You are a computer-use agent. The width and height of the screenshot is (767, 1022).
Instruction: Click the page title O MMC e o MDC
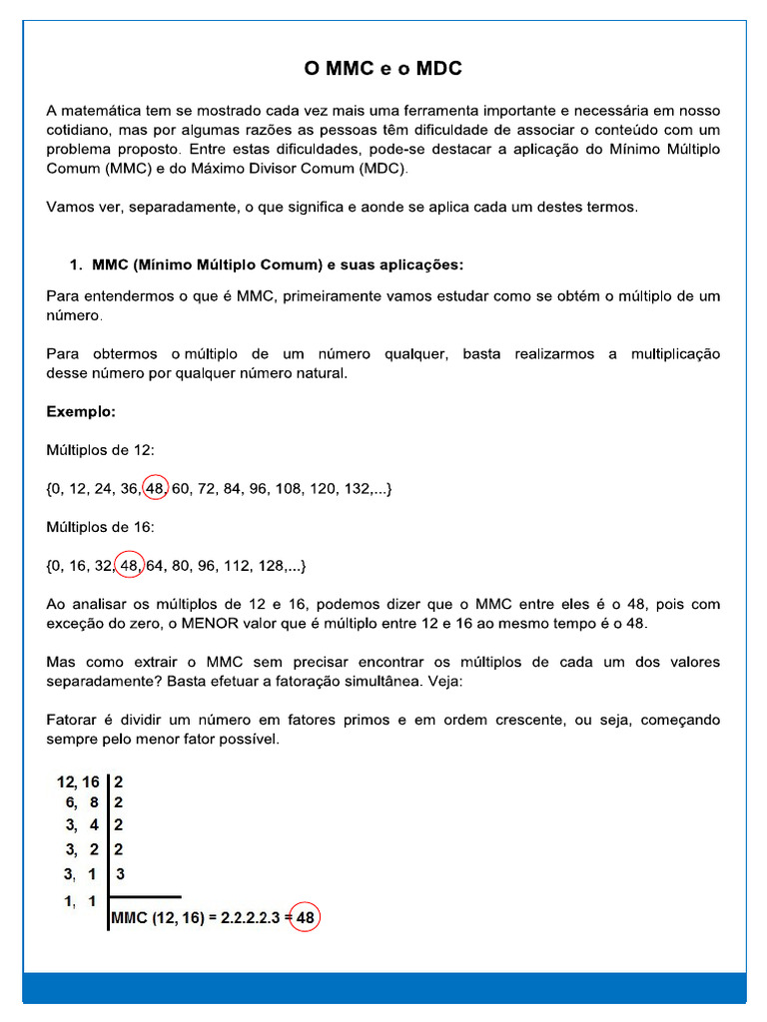[383, 69]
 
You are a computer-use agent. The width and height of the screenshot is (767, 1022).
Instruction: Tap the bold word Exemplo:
[81, 411]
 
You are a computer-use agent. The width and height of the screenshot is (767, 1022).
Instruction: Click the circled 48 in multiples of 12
[155, 489]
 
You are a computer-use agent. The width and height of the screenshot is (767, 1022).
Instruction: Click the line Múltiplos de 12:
[101, 450]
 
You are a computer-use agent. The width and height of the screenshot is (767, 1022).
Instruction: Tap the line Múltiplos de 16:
[101, 528]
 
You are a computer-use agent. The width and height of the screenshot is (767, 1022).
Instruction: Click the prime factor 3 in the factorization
[119, 874]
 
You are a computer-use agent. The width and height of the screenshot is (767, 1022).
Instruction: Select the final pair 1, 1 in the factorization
[80, 901]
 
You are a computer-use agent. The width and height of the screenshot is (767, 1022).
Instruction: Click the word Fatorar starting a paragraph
[72, 720]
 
